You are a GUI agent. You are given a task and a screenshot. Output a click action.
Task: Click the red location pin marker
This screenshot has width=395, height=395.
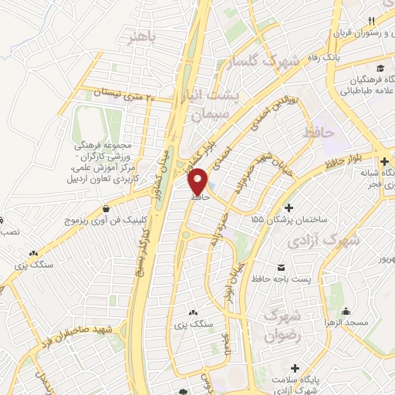pyautogui.click(x=198, y=181)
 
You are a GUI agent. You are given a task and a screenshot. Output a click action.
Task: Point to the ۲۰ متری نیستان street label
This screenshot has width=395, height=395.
pyautogui.click(x=124, y=96)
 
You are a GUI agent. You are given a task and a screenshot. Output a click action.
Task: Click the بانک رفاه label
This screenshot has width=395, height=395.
pyautogui.click(x=341, y=57)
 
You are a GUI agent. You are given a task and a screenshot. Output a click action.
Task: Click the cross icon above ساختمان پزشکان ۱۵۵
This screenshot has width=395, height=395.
pyautogui.click(x=289, y=208)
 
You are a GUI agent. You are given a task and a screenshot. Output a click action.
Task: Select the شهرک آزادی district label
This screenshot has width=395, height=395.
pyautogui.click(x=324, y=240)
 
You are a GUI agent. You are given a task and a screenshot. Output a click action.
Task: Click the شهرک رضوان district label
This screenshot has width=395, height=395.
pyautogui.click(x=282, y=325)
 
